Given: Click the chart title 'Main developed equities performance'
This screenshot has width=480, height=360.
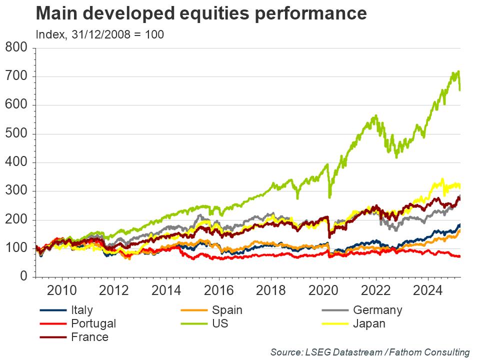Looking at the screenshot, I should [201, 14].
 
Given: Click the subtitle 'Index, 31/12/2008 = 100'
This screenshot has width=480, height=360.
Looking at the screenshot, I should [100, 34].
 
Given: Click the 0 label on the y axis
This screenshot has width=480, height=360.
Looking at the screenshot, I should [23, 277].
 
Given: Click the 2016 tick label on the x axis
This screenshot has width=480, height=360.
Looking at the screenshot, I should [218, 289].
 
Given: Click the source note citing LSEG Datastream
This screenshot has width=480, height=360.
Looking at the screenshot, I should [370, 352].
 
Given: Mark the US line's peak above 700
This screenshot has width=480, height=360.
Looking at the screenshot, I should [458, 71].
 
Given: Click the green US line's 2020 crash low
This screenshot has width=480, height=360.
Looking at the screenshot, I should [329, 197].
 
